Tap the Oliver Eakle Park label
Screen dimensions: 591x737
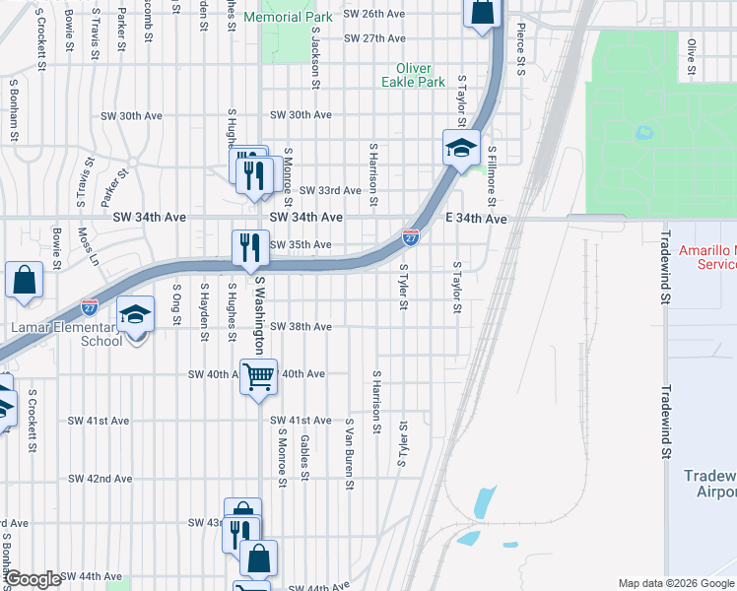tap(421, 75)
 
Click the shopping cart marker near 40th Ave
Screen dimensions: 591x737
tap(258, 376)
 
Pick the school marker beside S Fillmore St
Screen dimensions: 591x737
tap(460, 149)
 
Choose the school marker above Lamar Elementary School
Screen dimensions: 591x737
tap(136, 315)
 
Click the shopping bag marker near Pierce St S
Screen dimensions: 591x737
tap(482, 13)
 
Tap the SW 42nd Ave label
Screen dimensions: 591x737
tap(100, 479)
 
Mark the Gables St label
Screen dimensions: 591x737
tap(305, 452)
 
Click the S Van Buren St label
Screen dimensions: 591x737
tap(349, 453)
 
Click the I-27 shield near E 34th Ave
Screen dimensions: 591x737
tap(411, 237)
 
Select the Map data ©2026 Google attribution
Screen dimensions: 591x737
tap(674, 583)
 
